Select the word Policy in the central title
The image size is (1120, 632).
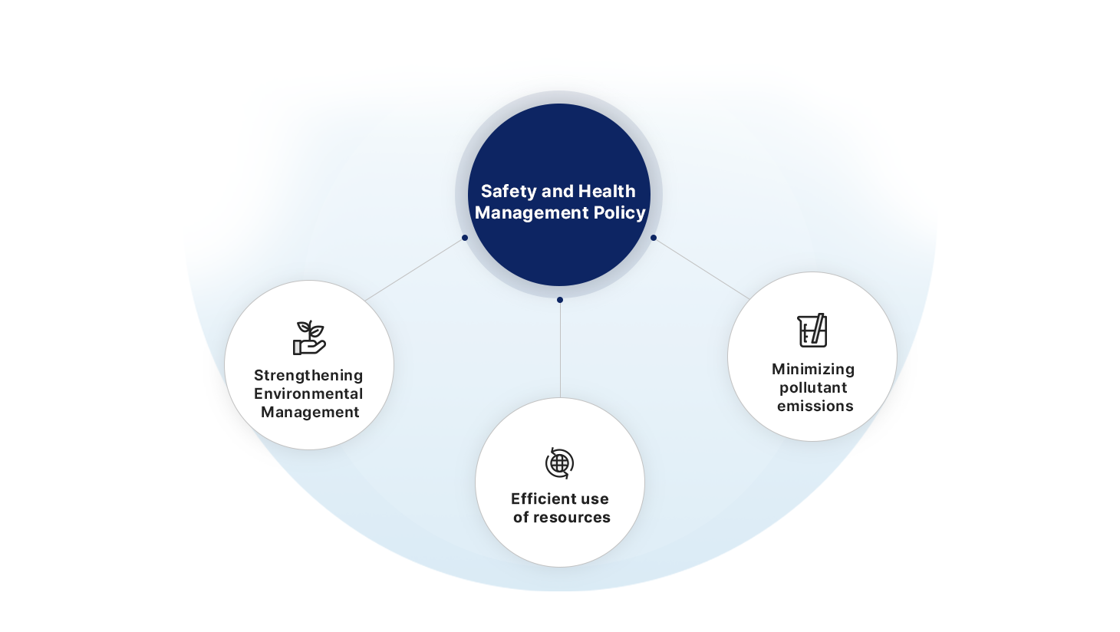pyautogui.click(x=620, y=212)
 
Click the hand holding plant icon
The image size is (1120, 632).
pyautogui.click(x=309, y=337)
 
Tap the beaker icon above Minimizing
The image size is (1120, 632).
pyautogui.click(x=812, y=331)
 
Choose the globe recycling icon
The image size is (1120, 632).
pyautogui.click(x=559, y=463)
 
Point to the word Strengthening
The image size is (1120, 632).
pyautogui.click(x=308, y=375)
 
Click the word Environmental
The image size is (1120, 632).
pyautogui.click(x=308, y=393)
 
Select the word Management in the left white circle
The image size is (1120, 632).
pyautogui.click(x=310, y=412)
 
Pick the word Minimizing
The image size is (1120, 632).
pyautogui.click(x=813, y=369)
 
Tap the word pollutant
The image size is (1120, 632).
pyautogui.click(x=813, y=387)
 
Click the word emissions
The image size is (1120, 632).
pyautogui.click(x=815, y=406)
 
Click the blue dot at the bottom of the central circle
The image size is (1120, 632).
pyautogui.click(x=560, y=300)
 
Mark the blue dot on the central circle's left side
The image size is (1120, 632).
pyautogui.click(x=465, y=238)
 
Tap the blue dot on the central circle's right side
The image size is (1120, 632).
pyautogui.click(x=654, y=238)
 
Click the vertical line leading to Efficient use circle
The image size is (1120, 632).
pyautogui.click(x=560, y=349)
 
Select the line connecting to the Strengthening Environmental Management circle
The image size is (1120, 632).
pyautogui.click(x=414, y=269)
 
